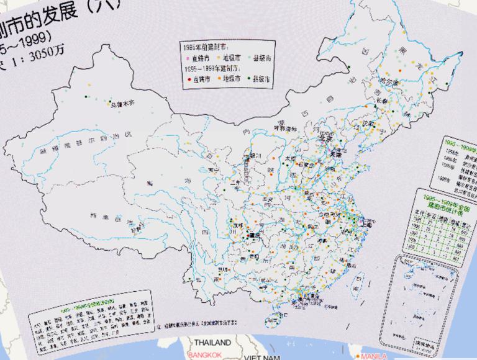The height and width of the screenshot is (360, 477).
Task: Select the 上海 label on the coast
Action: click(x=364, y=220)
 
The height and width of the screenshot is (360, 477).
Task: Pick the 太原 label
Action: click(x=291, y=160)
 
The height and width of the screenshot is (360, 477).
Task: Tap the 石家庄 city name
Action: click(x=306, y=166)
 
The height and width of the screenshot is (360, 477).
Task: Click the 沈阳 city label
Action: click(x=370, y=124)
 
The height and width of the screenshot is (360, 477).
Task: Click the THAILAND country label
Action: click(x=212, y=343)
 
